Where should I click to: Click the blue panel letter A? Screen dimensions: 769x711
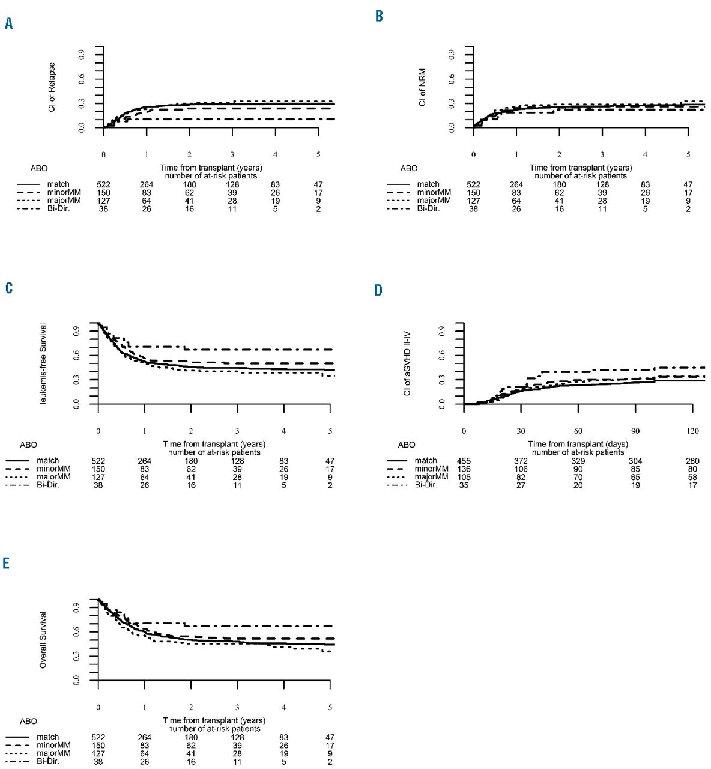point(8,23)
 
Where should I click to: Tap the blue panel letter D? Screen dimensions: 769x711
point(378,290)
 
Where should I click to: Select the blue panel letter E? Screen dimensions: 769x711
point(7,563)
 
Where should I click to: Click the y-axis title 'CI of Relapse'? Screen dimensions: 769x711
point(52,87)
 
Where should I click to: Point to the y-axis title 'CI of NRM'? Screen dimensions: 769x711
point(423,87)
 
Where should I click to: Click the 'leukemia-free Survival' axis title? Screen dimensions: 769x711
point(43,363)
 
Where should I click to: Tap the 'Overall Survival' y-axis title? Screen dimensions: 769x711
point(43,640)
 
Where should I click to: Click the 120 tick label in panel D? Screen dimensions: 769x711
point(692,431)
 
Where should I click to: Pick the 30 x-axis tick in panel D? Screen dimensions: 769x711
point(521,431)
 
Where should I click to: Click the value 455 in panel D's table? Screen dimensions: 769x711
point(464,461)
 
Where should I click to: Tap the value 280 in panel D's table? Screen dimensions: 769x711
point(692,461)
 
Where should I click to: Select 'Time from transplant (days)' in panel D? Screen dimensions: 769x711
point(578,444)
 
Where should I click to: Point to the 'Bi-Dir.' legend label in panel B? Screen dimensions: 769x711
point(428,209)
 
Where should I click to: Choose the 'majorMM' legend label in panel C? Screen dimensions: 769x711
point(53,477)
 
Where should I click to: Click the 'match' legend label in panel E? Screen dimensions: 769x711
point(47,737)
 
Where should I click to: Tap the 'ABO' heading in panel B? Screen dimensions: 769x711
point(409,169)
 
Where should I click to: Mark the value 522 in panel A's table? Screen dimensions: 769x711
point(104,184)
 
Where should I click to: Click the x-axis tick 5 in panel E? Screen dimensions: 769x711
point(330,708)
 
